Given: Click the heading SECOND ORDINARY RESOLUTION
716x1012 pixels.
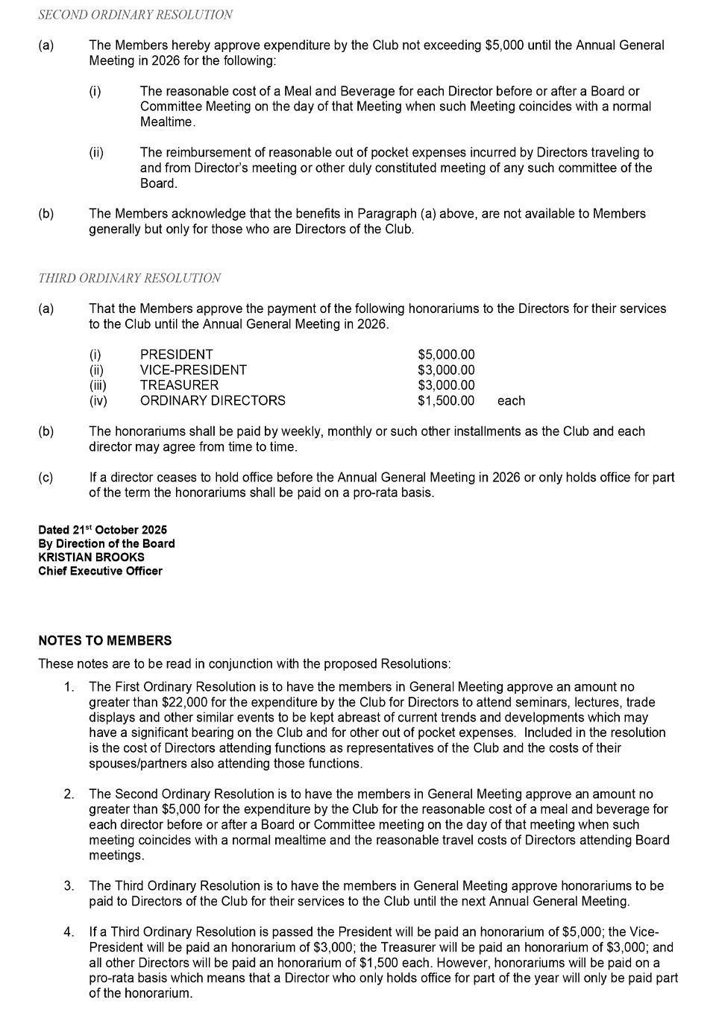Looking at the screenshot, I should (135, 14).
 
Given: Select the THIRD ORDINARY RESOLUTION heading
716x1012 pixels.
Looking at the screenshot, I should (129, 278).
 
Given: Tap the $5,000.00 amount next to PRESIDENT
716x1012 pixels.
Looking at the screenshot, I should (446, 355).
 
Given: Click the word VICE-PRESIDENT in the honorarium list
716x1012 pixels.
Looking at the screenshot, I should (193, 370).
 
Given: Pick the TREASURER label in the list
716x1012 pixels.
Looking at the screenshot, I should (179, 385).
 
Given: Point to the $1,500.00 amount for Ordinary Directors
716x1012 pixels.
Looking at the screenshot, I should (446, 401).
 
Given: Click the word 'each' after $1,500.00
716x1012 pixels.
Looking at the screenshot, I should (511, 401).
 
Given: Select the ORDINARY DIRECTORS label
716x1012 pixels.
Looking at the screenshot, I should (213, 401).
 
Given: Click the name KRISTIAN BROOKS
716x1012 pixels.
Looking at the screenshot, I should (91, 557).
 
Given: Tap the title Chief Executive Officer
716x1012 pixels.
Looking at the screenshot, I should (100, 572).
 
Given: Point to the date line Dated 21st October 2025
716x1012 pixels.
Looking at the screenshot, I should (103, 531).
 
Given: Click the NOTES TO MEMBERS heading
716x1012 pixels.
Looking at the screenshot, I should (104, 641).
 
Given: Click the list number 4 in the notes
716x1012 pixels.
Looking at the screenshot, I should (69, 932).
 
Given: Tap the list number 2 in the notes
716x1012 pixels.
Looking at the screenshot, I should (69, 794).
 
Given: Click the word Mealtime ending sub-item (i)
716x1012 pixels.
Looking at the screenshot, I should (168, 122).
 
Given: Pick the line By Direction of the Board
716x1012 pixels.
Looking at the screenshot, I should (107, 544).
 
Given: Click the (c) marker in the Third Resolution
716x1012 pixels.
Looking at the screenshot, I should (45, 478).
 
